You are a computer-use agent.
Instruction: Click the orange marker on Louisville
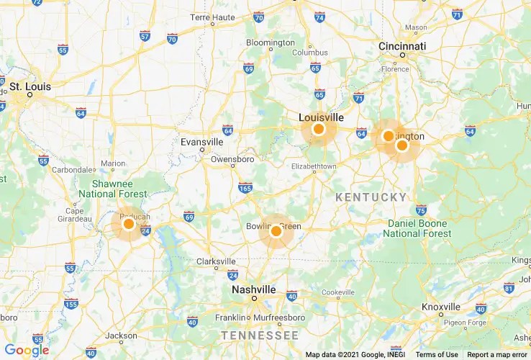point(319,130)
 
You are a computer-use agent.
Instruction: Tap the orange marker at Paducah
point(129,224)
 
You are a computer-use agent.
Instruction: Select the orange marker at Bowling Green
point(276,231)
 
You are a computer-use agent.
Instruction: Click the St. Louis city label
point(30,86)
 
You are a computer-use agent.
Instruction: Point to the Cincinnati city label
point(402,46)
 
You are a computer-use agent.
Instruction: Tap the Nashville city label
point(253,289)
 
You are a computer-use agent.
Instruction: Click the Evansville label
point(202,142)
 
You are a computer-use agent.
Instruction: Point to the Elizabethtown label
point(313,166)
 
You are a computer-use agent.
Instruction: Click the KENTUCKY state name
point(371,197)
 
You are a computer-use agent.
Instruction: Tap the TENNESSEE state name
point(260,336)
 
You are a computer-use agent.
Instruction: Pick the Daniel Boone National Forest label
point(419,228)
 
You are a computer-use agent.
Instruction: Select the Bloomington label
point(271,42)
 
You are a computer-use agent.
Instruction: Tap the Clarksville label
point(216,261)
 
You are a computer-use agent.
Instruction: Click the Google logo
point(27,351)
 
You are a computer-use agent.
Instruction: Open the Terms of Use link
point(437,354)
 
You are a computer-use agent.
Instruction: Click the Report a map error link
point(496,354)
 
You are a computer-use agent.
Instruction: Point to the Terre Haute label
point(214,17)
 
